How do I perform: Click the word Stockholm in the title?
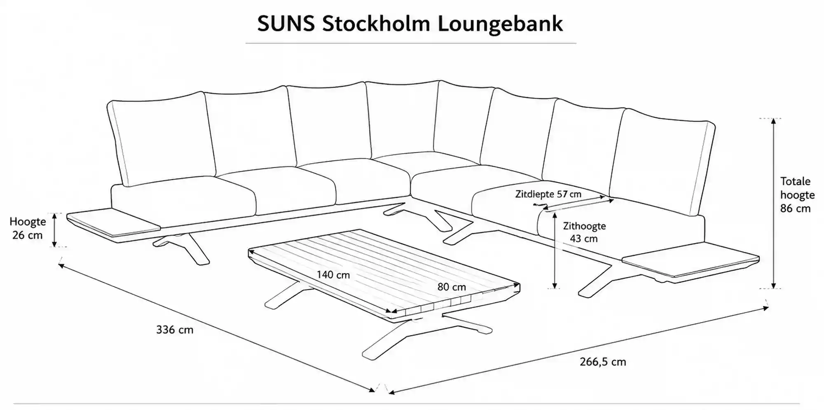pyautogui.click(x=376, y=23)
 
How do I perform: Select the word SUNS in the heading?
pyautogui.click(x=286, y=24)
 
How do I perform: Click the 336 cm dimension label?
pyautogui.click(x=175, y=330)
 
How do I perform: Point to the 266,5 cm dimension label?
pyautogui.click(x=603, y=362)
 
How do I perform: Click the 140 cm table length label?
pyautogui.click(x=333, y=274)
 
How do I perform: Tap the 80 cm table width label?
pyautogui.click(x=452, y=287)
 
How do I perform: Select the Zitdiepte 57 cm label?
pyautogui.click(x=548, y=194)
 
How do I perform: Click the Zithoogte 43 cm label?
pyautogui.click(x=584, y=232)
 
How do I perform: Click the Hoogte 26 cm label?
pyautogui.click(x=28, y=228)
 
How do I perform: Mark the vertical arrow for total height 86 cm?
pyautogui.click(x=773, y=203)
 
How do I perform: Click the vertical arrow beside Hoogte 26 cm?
pyautogui.click(x=54, y=230)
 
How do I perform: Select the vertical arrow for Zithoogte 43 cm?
pyautogui.click(x=555, y=250)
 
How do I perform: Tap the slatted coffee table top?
pyautogui.click(x=384, y=273)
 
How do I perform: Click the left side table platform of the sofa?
pyautogui.click(x=113, y=223)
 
